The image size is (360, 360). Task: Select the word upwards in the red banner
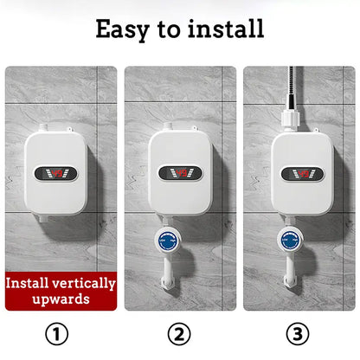tap(60, 299)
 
